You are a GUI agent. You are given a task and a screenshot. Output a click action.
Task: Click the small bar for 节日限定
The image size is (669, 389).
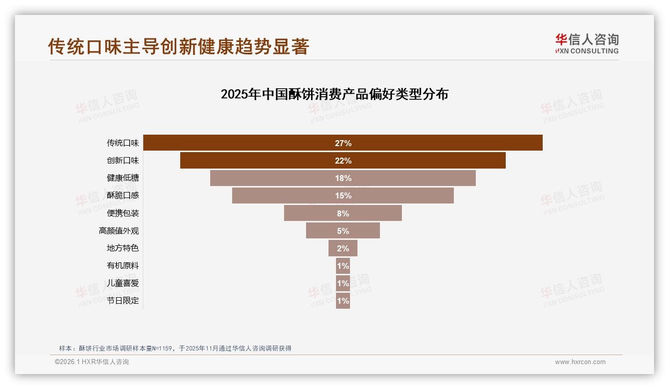pyautogui.click(x=343, y=301)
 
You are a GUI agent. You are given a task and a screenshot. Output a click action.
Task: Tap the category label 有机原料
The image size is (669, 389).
pyautogui.click(x=123, y=266)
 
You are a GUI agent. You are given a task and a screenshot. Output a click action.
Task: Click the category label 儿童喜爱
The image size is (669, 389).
pyautogui.click(x=123, y=283)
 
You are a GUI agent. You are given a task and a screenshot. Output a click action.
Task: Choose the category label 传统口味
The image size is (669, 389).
pyautogui.click(x=123, y=143)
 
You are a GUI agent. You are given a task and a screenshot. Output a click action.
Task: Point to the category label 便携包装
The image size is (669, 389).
pyautogui.click(x=123, y=213)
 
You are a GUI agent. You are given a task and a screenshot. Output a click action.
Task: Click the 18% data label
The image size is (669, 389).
pyautogui.click(x=343, y=178)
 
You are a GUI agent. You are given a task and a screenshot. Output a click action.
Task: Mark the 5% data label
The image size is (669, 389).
pyautogui.click(x=343, y=231)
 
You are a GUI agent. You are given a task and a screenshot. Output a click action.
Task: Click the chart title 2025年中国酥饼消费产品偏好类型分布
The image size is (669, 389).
pyautogui.click(x=334, y=94)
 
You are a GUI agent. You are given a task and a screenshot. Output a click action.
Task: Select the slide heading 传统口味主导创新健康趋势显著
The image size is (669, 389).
pyautogui.click(x=179, y=46)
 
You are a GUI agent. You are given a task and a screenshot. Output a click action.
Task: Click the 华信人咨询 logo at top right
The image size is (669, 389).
pyautogui.click(x=587, y=43)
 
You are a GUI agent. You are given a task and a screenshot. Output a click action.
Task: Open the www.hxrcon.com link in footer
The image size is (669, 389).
pyautogui.click(x=580, y=362)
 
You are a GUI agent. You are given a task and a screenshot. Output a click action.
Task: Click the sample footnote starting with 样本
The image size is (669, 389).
pyautogui.click(x=175, y=349)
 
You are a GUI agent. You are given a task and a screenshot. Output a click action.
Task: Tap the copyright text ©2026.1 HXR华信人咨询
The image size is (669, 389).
pyautogui.click(x=92, y=362)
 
